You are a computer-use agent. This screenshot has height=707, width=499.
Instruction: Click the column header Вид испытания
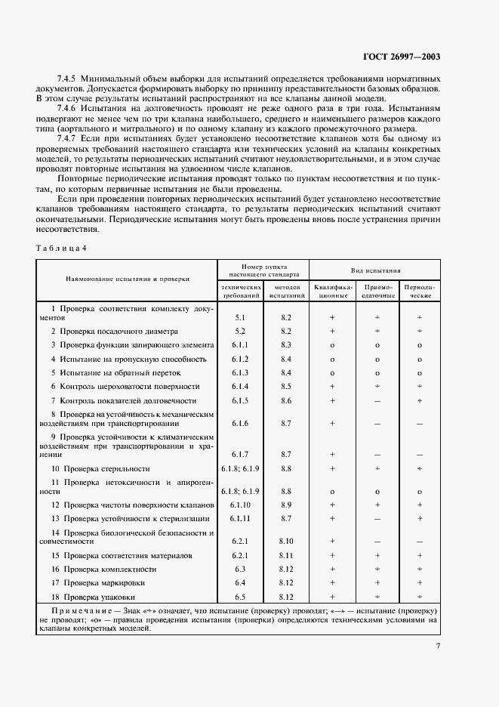coord(375,270)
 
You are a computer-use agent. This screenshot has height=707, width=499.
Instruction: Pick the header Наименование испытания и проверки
coord(127,278)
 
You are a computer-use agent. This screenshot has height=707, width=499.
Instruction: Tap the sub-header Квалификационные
coord(331,292)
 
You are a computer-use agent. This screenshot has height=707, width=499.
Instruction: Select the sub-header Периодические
coord(419,292)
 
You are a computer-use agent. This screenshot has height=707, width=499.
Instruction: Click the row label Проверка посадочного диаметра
coord(114,331)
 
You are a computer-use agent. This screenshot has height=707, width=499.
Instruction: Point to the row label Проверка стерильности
coord(106,468)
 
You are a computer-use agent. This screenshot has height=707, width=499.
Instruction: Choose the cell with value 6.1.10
coord(240,504)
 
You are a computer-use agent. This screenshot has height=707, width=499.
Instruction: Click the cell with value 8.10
coord(285,541)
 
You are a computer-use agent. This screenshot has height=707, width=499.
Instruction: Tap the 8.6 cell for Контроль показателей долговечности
coord(285,400)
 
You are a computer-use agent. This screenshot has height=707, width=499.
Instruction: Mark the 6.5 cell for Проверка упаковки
coord(240,597)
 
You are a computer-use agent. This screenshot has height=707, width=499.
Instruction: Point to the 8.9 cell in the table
coord(285,504)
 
